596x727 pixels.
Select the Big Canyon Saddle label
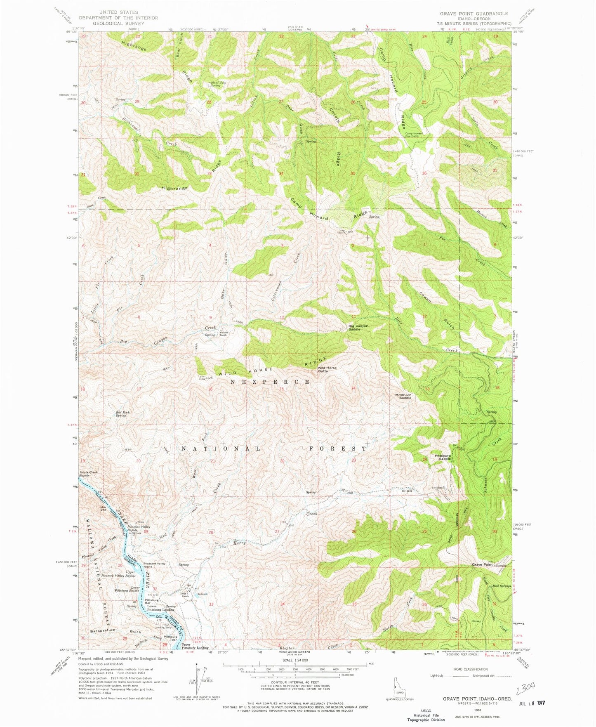click(x=358, y=328)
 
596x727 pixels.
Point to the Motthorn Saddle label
click(x=403, y=397)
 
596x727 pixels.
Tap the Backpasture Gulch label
click(x=115, y=631)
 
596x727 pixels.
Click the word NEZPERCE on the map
click(x=270, y=382)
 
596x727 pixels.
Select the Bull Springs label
click(x=502, y=585)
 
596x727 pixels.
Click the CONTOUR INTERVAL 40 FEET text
click(x=295, y=682)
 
